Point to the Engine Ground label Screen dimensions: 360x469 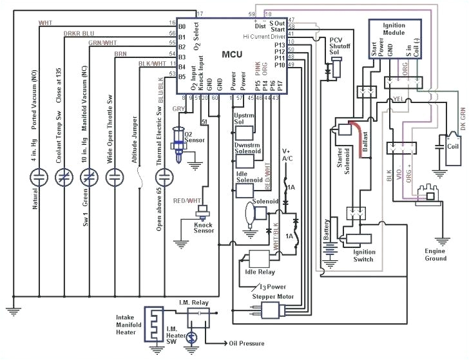pyautogui.click(x=435, y=254)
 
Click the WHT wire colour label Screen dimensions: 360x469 pyautogui.click(x=46, y=23)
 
